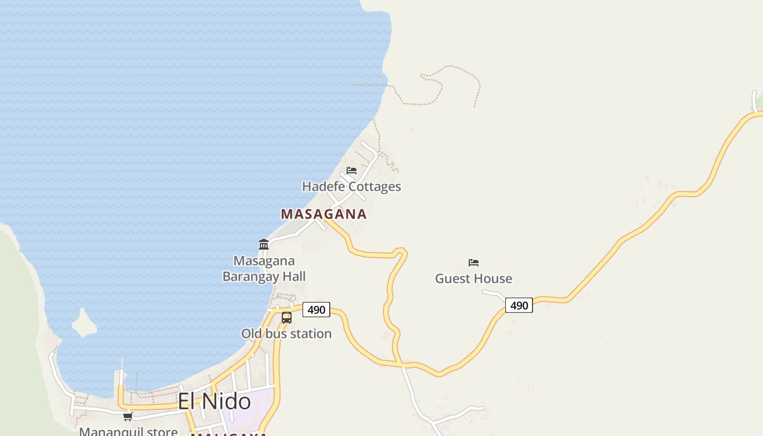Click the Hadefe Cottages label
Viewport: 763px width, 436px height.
pyautogui.click(x=352, y=186)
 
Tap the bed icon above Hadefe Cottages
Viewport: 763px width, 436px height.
pyautogui.click(x=352, y=171)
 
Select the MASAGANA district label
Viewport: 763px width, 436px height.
pyautogui.click(x=324, y=214)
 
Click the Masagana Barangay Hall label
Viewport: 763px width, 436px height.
pyautogui.click(x=264, y=269)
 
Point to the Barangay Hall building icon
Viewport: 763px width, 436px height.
pyautogui.click(x=264, y=244)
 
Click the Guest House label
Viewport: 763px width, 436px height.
pyautogui.click(x=474, y=278)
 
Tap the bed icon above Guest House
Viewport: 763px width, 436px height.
pyautogui.click(x=474, y=263)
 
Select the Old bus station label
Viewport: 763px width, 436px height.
pyautogui.click(x=286, y=334)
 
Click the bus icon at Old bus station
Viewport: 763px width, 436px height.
pyautogui.click(x=287, y=318)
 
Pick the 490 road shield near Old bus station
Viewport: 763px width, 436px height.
pyautogui.click(x=316, y=310)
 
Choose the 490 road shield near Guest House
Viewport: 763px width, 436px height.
pyautogui.click(x=519, y=305)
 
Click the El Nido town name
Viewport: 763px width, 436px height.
pyautogui.click(x=214, y=402)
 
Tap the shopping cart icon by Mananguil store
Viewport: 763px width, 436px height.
pyautogui.click(x=128, y=417)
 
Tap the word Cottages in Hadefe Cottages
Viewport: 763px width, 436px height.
pyautogui.click(x=375, y=186)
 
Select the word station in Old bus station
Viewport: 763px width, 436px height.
pyautogui.click(x=311, y=334)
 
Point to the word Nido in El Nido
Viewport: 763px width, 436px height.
pyautogui.click(x=229, y=402)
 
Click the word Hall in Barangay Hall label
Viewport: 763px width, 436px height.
pyautogui.click(x=294, y=276)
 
